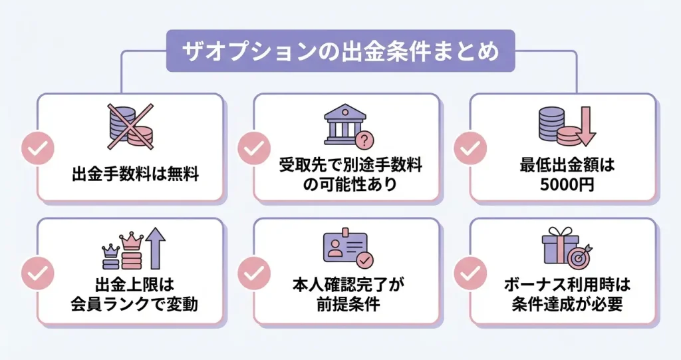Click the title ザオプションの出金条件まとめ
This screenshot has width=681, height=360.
(340, 51)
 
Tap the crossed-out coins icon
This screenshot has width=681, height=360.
(130, 126)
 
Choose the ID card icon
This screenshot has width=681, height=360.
(345, 250)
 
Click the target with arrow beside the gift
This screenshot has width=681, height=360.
(581, 254)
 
